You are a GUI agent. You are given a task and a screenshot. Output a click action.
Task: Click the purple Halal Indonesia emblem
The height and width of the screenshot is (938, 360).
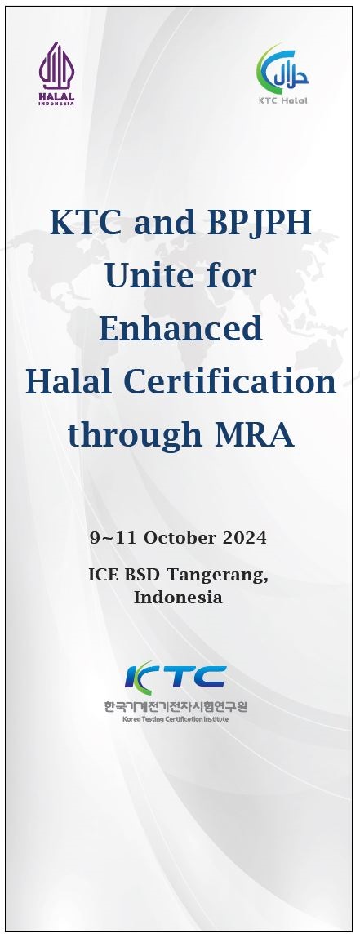tap(57, 73)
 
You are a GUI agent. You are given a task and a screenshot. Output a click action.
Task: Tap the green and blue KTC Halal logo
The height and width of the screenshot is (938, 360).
tap(282, 69)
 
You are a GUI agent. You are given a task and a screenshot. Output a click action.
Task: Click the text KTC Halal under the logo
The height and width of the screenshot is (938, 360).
tap(282, 100)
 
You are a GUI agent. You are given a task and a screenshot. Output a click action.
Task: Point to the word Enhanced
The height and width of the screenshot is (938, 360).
tap(180, 328)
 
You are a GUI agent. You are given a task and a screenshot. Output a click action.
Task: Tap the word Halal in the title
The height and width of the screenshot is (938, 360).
tap(68, 382)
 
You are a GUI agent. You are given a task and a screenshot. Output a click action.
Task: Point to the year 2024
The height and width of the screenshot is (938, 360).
tap(245, 538)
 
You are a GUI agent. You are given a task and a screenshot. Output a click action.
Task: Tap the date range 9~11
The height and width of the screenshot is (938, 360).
tap(114, 538)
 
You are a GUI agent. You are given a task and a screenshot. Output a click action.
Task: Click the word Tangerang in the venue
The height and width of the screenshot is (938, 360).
tap(217, 575)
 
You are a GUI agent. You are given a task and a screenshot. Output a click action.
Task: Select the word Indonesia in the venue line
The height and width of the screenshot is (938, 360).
tap(178, 597)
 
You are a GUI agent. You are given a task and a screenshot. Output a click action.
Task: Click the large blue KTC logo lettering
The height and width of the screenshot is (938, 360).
tap(175, 676)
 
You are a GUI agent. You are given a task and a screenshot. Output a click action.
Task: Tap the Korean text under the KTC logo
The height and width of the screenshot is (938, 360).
tap(176, 706)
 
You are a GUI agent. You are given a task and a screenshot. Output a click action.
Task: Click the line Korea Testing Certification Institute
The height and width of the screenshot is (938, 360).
tap(176, 719)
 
